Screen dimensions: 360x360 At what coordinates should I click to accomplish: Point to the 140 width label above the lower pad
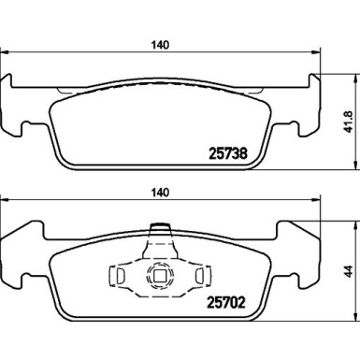(161, 193)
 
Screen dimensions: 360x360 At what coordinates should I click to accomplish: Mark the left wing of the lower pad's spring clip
(119, 276)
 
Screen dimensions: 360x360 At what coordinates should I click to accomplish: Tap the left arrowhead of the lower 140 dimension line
(5, 201)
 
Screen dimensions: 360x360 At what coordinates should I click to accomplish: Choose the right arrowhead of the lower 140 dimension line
(315, 201)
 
